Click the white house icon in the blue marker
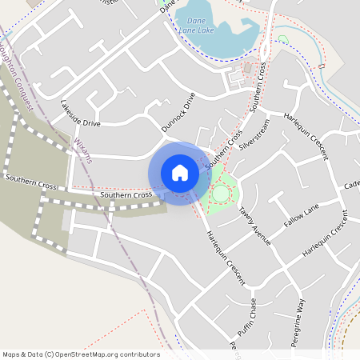tap(180, 172)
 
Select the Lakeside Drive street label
tap(81, 114)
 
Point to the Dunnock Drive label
tap(178, 112)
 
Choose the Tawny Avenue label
tap(255, 225)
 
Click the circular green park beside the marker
tap(221, 193)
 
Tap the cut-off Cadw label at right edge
tap(352, 186)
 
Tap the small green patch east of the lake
tap(282, 39)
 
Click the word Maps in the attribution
tap(11, 354)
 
